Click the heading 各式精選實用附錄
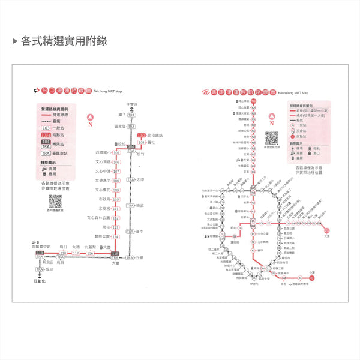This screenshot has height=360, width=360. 64,41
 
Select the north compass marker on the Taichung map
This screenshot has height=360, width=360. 91,119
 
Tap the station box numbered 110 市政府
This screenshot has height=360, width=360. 116,199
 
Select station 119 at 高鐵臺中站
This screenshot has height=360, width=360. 40,253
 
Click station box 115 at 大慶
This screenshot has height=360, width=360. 115,254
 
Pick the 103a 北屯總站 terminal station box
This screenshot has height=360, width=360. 142,136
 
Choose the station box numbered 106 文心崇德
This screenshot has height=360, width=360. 116,162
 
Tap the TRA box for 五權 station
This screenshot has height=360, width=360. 130,257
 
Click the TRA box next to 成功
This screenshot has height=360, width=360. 40,269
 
